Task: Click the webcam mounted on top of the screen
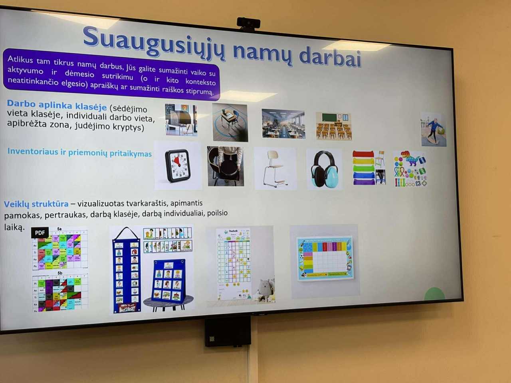click(248, 24)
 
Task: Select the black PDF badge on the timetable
click(40, 233)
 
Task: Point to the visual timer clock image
click(178, 166)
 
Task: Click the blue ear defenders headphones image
click(324, 169)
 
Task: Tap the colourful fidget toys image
click(410, 169)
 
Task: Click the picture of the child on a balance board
click(434, 129)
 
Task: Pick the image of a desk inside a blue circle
click(230, 122)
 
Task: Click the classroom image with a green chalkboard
click(334, 126)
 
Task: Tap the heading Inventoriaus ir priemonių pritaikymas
click(79, 152)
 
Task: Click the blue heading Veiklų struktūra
click(36, 204)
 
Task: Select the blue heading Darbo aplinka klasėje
click(57, 105)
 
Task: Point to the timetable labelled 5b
click(60, 292)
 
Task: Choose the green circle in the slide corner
click(434, 294)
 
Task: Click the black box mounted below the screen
click(228, 332)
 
